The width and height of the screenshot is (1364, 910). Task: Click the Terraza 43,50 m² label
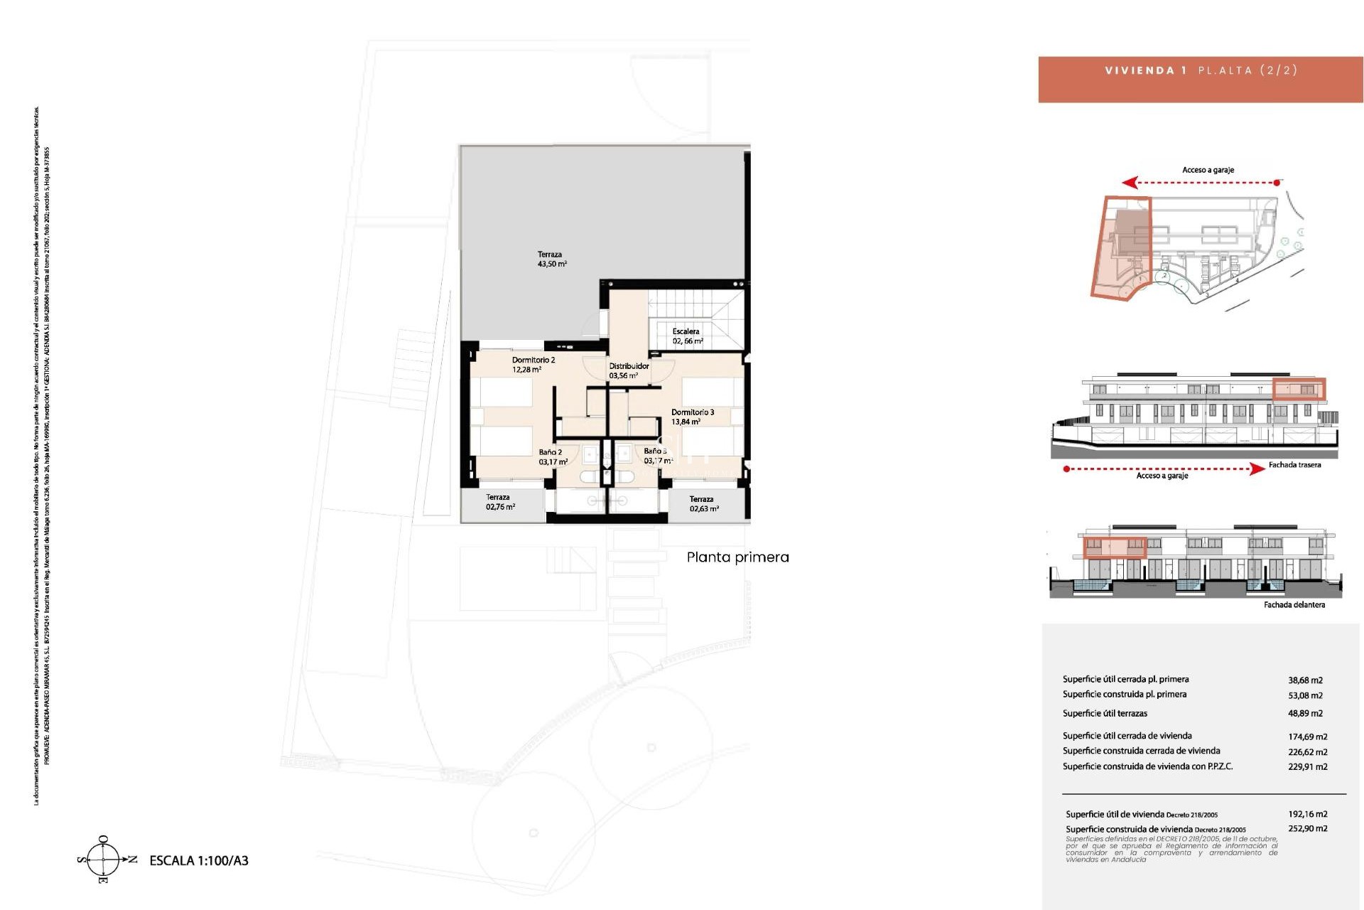(551, 259)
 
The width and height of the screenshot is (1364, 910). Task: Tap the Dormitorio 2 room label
(533, 365)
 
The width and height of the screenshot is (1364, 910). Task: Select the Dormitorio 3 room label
(692, 417)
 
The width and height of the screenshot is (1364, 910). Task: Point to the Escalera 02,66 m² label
(687, 336)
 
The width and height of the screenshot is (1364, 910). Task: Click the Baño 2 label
(551, 456)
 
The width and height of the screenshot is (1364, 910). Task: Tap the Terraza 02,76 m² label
(499, 502)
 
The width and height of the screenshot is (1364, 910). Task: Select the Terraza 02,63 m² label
(703, 503)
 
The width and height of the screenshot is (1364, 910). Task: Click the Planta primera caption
(737, 557)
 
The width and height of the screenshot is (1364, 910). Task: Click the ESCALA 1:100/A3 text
(198, 860)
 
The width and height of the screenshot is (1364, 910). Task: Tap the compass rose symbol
(104, 860)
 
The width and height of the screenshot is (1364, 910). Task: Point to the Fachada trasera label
(1294, 465)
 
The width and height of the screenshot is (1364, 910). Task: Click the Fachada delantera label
(1294, 605)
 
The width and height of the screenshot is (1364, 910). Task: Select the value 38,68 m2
(1305, 680)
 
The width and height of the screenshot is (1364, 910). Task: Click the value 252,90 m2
(1307, 828)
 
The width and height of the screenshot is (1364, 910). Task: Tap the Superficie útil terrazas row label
(1105, 713)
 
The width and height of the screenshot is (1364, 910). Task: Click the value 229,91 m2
(1307, 766)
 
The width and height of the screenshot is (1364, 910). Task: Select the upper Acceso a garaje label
(1208, 170)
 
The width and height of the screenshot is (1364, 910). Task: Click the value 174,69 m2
(1307, 737)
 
